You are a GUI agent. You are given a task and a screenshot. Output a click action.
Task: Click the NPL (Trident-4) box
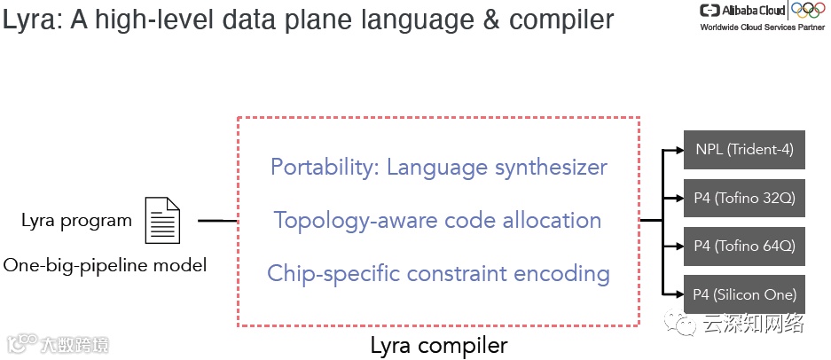(744, 150)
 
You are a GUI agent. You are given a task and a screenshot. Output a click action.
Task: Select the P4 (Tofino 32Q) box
(744, 198)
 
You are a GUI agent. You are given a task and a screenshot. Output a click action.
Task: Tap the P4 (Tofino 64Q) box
(744, 246)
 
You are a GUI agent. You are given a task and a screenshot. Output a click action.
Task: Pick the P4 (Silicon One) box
(744, 294)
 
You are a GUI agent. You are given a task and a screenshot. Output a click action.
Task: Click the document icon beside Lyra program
(162, 221)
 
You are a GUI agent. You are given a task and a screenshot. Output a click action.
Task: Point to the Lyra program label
(76, 221)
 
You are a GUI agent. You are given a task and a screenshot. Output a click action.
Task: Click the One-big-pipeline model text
(105, 263)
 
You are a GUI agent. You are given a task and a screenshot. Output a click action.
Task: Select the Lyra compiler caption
(439, 345)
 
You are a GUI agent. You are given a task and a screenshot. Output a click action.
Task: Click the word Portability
(324, 167)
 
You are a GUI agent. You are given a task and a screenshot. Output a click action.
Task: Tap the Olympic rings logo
(808, 10)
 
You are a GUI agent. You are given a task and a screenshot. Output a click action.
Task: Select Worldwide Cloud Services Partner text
(762, 27)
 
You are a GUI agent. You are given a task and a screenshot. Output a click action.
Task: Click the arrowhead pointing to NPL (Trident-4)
(677, 151)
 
